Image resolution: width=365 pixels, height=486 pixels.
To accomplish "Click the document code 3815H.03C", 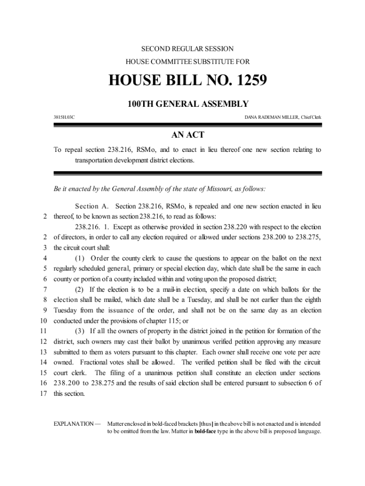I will (64, 116).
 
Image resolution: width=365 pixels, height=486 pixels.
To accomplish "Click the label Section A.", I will (92, 206).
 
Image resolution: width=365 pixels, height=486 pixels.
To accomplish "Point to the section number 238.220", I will (226, 227).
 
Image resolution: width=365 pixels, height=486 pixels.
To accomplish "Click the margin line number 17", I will (42, 393).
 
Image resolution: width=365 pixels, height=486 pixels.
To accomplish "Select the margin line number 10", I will (42, 320).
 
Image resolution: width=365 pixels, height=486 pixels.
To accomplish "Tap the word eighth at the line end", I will (310, 300).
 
